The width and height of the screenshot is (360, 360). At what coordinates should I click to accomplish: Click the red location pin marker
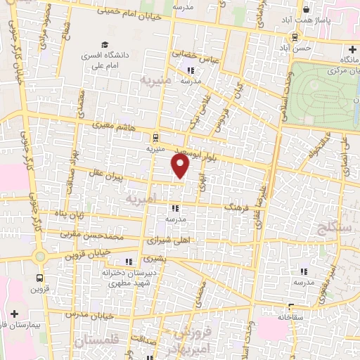[x=181, y=167]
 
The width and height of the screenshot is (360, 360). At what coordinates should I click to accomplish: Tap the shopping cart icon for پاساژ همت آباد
[x=307, y=11]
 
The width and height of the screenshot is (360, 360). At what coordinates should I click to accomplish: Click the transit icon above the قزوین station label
[x=39, y=277]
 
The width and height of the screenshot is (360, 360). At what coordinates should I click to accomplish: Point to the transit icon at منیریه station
[x=155, y=138]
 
